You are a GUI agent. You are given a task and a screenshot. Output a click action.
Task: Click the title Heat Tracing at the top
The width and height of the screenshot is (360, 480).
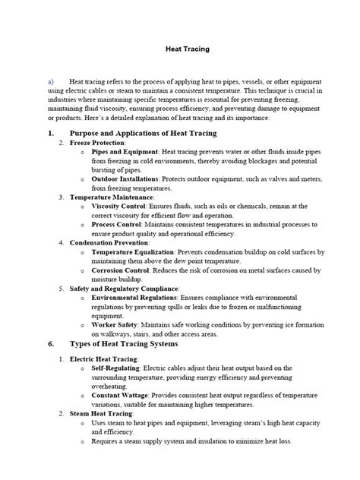click(188, 49)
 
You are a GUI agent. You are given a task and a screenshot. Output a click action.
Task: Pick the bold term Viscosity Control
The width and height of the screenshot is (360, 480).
click(118, 206)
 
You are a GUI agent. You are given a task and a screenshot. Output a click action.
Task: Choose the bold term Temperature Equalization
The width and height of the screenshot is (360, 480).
click(132, 251)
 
